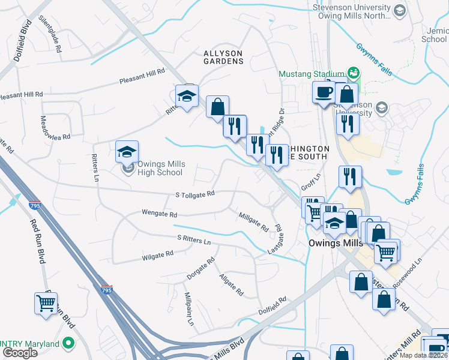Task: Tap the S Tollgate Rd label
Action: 195,194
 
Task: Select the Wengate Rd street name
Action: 159,214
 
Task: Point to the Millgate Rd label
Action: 253,221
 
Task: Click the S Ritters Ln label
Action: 194,239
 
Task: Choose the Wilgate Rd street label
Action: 157,254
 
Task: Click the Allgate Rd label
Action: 231,284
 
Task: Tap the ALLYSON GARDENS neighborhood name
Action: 223,57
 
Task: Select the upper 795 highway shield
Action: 35,205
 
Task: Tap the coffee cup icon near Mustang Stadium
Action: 324,92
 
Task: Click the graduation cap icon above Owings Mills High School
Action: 127,152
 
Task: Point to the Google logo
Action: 20,353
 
